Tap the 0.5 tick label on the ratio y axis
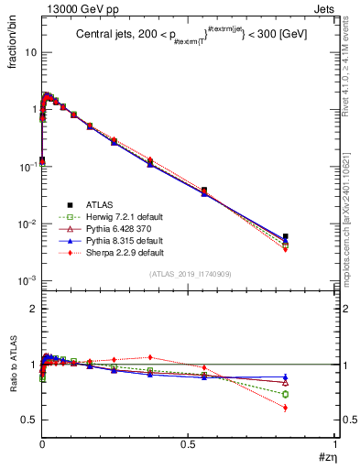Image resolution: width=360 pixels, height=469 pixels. click(x=28, y=420)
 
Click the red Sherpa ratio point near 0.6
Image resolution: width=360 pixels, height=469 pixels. click(x=286, y=408)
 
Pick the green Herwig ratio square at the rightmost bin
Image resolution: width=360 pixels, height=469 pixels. click(x=286, y=394)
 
